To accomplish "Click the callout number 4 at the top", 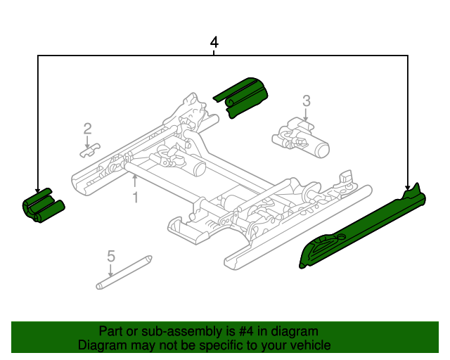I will point(214,43).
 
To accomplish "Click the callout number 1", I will point(136,198).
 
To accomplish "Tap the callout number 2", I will point(87,129).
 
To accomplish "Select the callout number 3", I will point(306,101).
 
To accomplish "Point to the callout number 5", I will point(110,256).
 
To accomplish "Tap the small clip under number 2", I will point(89,152).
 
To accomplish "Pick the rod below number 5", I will point(124,273).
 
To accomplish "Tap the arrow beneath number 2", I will point(87,141).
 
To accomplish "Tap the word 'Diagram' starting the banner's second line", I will point(100,345).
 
